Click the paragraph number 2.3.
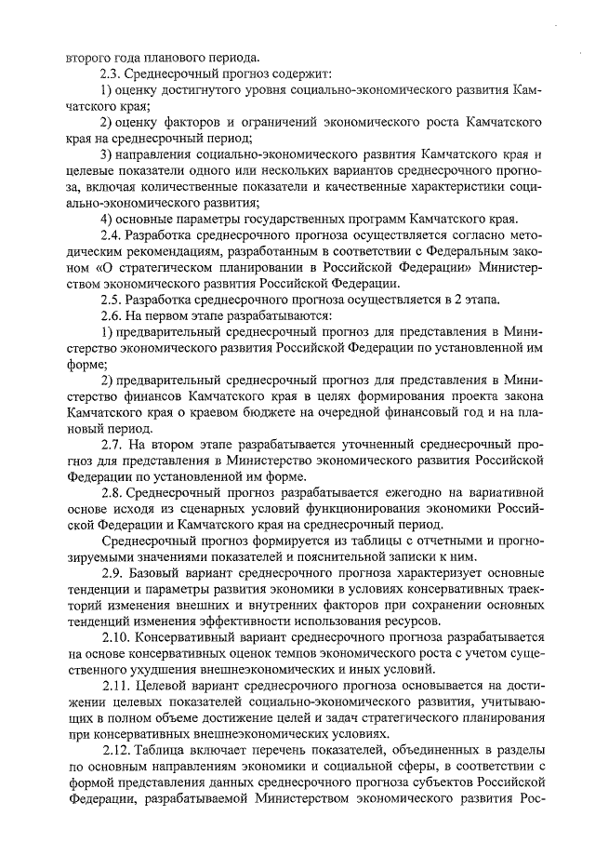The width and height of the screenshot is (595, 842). (x=112, y=74)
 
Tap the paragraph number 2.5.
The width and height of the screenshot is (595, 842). (x=112, y=300)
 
